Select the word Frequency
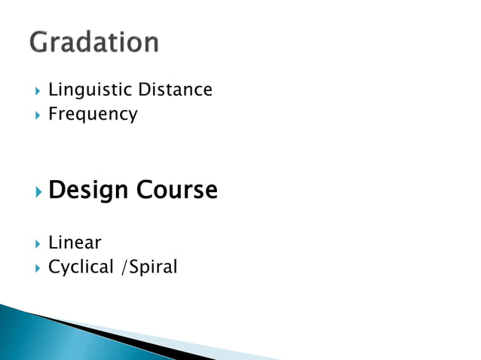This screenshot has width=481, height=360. [93, 114]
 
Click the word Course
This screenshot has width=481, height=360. [177, 190]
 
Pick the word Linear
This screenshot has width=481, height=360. [75, 243]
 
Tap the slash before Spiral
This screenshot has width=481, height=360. [124, 267]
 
